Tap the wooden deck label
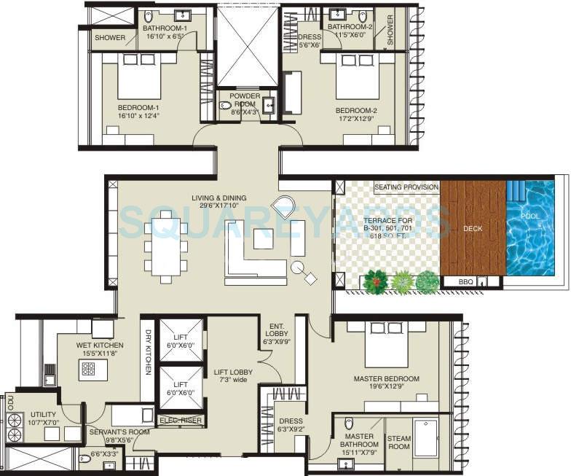click(x=473, y=228)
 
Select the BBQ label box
click(x=466, y=281)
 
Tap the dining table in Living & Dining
click(x=166, y=246)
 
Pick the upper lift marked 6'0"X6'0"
click(x=181, y=340)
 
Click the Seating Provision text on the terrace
click(x=406, y=187)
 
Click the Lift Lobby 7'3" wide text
click(x=233, y=376)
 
